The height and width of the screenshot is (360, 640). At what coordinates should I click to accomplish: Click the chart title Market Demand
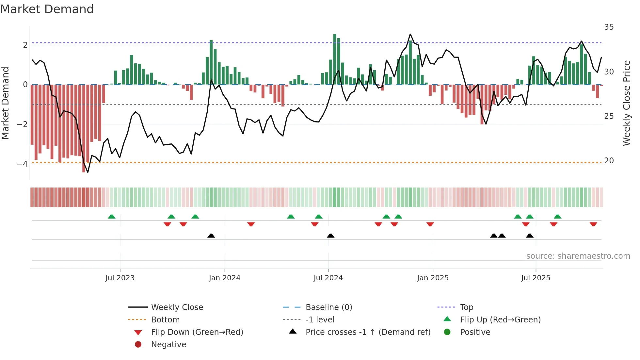(x=47, y=9)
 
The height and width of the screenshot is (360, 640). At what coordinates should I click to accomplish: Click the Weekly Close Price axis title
(x=626, y=103)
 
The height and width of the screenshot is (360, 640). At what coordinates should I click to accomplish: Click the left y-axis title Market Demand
(x=6, y=103)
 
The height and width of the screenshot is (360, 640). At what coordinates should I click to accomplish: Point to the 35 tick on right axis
(x=609, y=27)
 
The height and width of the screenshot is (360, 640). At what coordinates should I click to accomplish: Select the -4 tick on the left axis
(x=23, y=164)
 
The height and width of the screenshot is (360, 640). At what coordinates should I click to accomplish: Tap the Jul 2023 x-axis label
(x=120, y=278)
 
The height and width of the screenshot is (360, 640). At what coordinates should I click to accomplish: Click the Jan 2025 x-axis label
(x=433, y=278)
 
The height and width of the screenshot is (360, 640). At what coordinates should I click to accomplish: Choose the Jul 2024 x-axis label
(x=328, y=278)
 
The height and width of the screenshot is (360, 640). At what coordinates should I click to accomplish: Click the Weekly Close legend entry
(x=177, y=307)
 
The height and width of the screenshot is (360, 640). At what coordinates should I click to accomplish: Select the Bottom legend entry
(x=165, y=320)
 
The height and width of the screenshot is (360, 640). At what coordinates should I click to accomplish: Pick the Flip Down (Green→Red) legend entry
(x=197, y=332)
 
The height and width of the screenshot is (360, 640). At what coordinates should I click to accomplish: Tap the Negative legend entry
(x=168, y=345)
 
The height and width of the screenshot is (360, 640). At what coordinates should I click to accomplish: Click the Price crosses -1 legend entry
(x=368, y=332)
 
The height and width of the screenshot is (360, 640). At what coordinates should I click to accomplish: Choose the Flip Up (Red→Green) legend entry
(x=500, y=320)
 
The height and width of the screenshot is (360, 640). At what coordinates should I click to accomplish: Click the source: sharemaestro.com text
(x=578, y=256)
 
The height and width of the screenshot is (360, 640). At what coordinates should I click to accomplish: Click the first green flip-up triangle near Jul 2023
(x=112, y=217)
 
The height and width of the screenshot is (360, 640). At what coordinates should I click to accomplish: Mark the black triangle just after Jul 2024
(x=330, y=236)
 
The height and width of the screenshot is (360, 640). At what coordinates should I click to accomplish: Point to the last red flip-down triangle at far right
(x=593, y=224)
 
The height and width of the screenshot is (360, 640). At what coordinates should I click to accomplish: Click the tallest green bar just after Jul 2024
(x=334, y=59)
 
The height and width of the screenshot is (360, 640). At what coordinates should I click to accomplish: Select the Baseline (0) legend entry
(x=328, y=307)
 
